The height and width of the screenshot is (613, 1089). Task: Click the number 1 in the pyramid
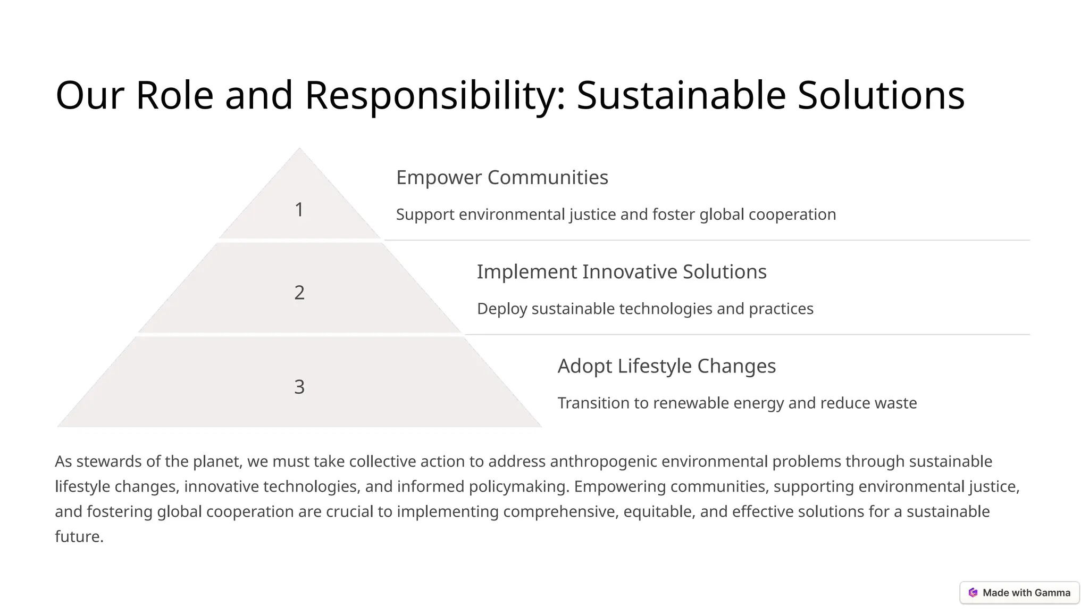click(x=299, y=210)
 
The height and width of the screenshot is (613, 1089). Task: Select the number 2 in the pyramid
click(x=299, y=293)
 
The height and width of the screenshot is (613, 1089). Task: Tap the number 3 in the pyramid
click(x=299, y=387)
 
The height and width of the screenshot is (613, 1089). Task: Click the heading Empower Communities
click(x=502, y=178)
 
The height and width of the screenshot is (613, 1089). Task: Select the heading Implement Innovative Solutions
click(x=621, y=272)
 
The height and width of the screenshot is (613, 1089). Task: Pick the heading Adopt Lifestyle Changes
click(x=666, y=366)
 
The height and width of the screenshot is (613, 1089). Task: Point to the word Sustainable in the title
click(x=681, y=96)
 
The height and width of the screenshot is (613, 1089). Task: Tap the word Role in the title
click(x=174, y=96)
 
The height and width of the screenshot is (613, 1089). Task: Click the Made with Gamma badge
click(x=1019, y=593)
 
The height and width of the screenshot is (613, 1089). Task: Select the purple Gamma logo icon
click(x=973, y=593)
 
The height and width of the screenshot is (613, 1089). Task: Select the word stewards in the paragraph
click(x=109, y=461)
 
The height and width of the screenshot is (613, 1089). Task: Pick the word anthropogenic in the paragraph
click(x=604, y=462)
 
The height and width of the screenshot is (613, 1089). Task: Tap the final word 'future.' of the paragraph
click(x=79, y=536)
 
